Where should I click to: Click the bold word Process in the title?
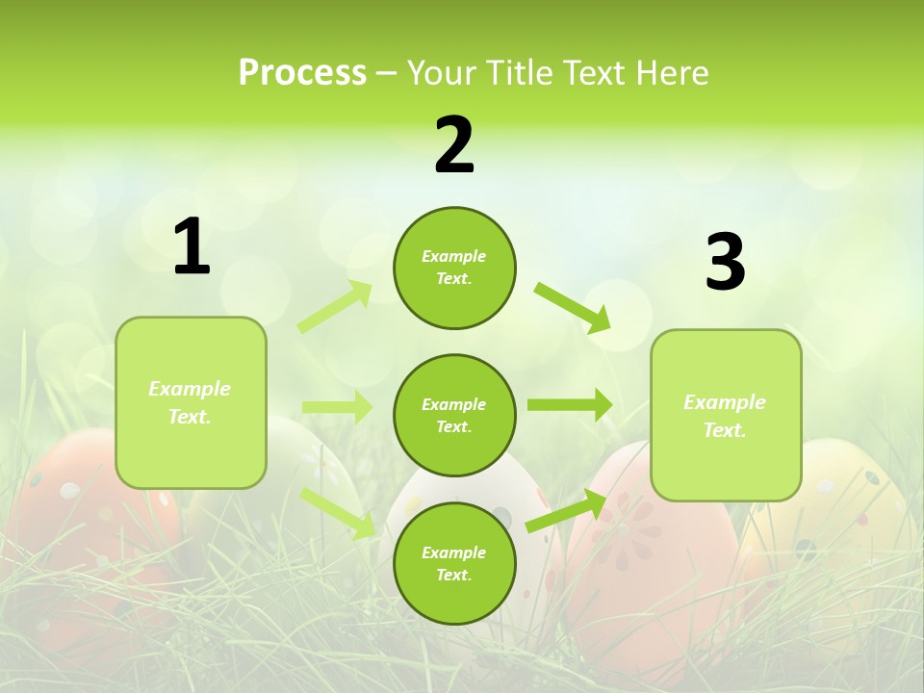(302, 73)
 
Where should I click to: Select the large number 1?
(192, 247)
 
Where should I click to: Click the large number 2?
(454, 145)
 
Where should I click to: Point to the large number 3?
(725, 262)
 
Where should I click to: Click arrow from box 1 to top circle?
(335, 307)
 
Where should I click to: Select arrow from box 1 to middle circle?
(337, 407)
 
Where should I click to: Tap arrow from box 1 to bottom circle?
(339, 512)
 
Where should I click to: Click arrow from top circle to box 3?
(573, 307)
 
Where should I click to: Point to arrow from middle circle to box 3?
(570, 404)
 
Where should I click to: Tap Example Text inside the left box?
(190, 402)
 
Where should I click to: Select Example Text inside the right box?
(725, 416)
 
